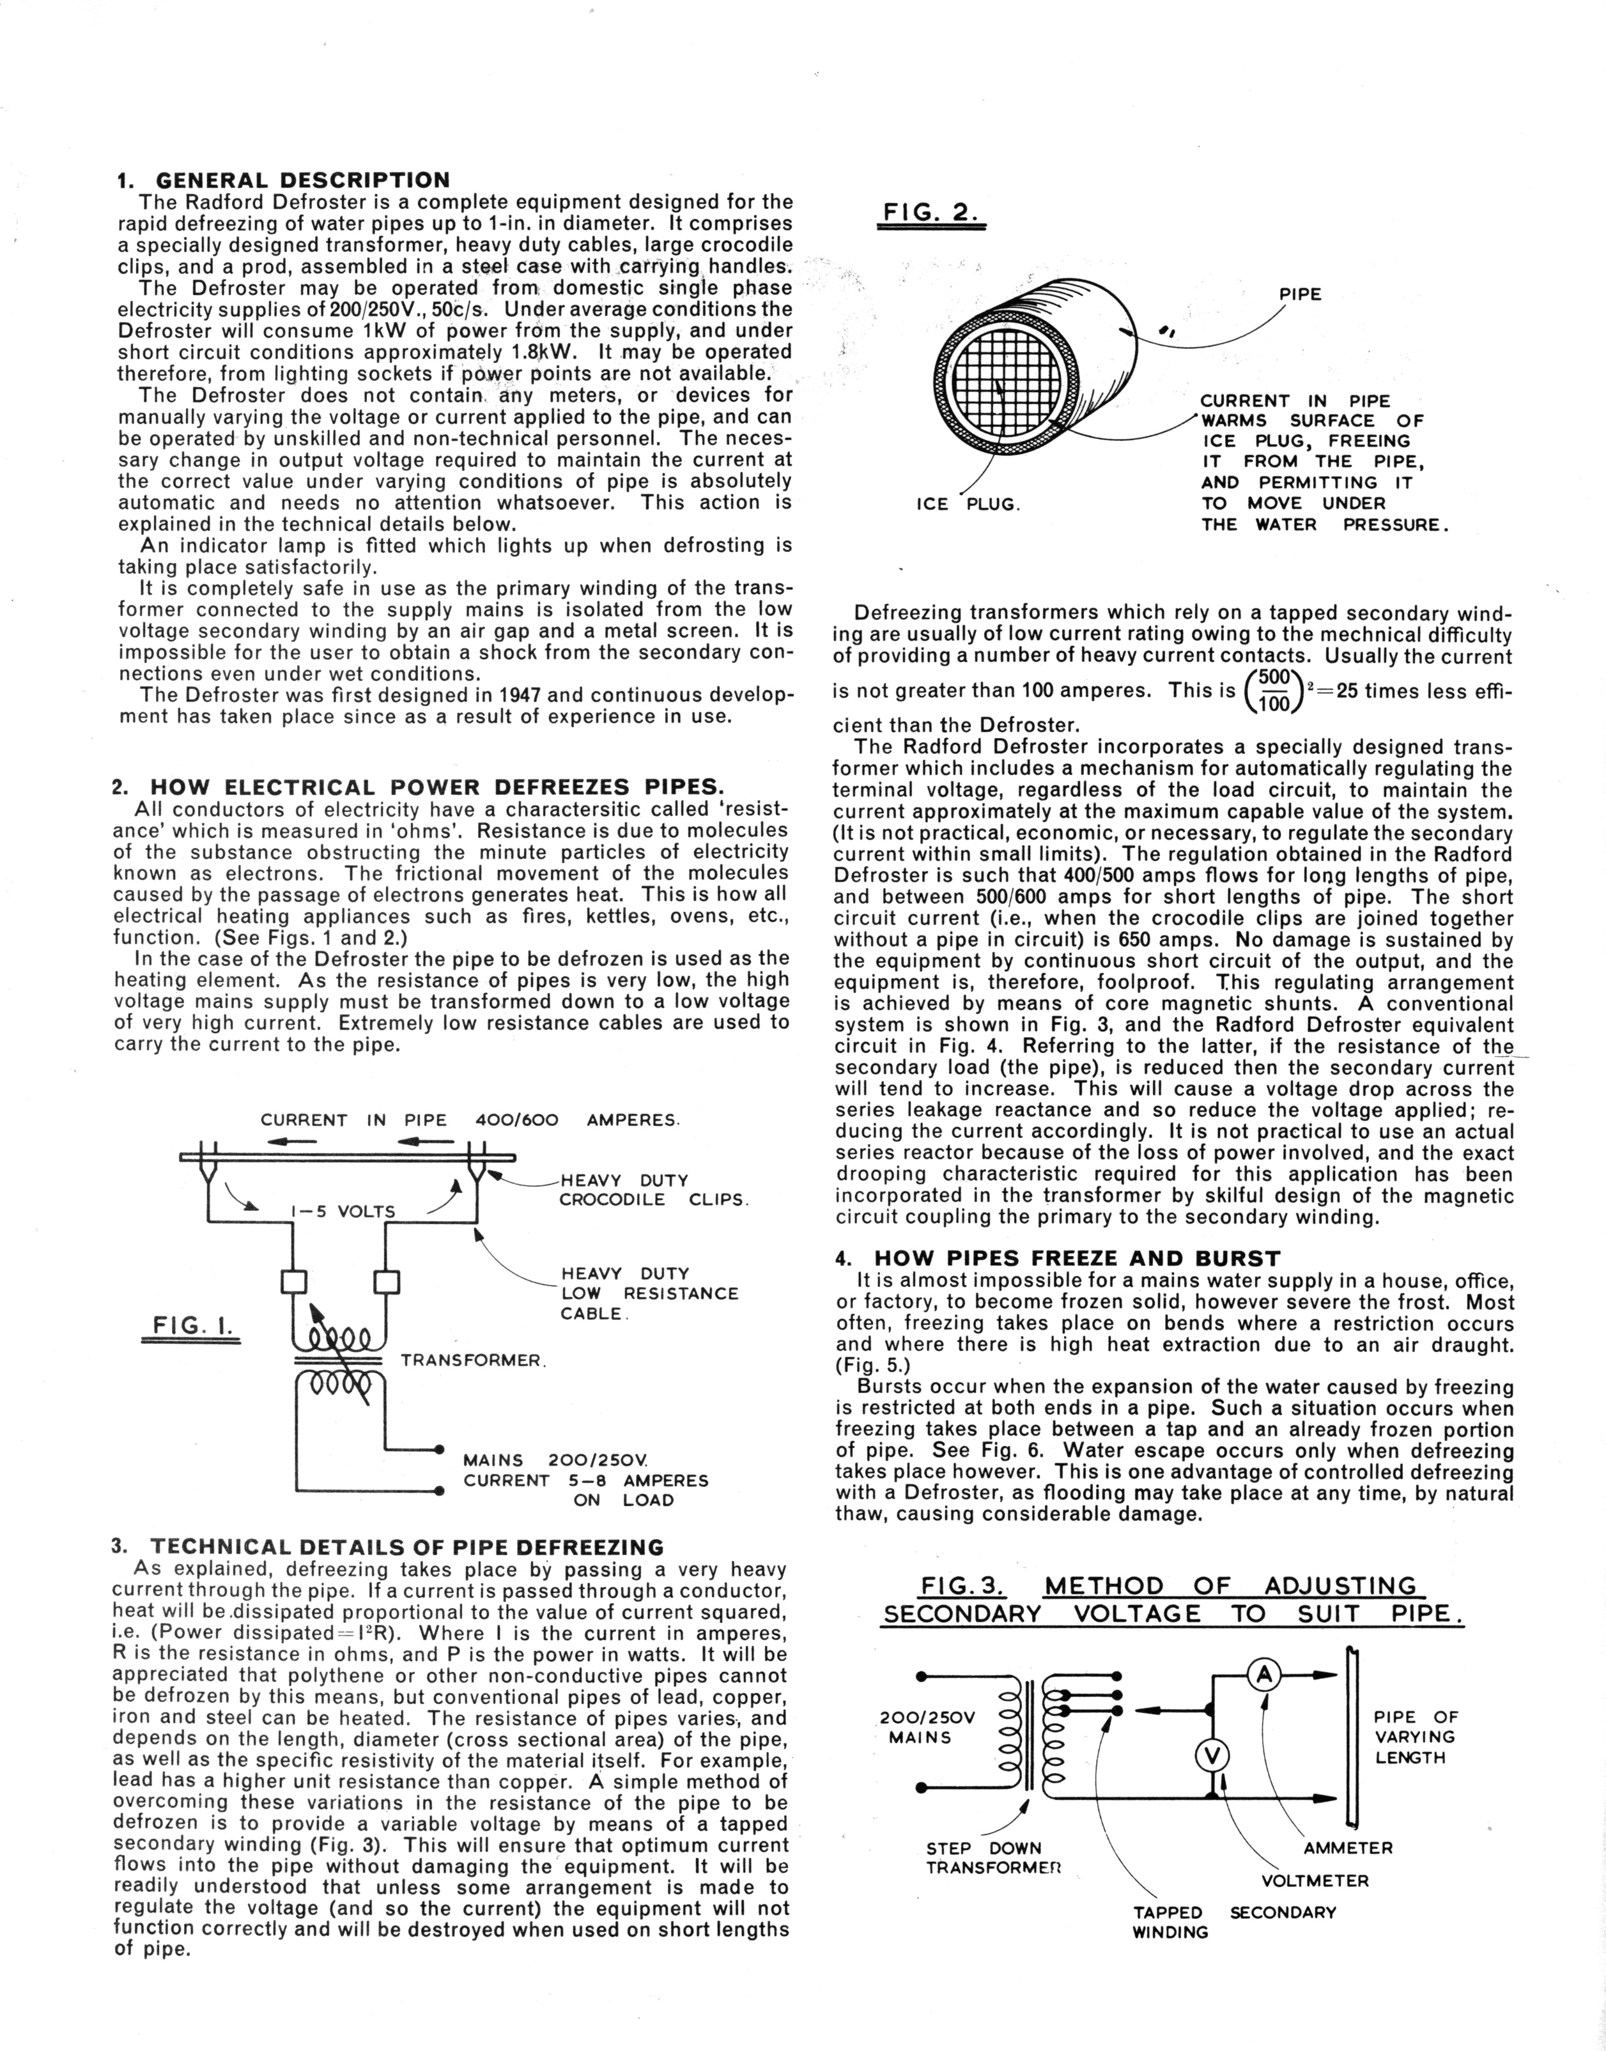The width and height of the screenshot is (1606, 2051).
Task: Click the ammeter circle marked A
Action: (x=1265, y=1673)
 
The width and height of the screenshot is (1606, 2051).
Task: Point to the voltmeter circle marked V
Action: (x=1213, y=1756)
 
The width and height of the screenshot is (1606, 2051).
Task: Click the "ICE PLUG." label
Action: (x=968, y=505)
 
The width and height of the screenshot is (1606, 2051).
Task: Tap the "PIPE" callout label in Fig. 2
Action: (x=1301, y=294)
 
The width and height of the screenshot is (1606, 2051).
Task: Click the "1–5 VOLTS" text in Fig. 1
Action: (x=343, y=1211)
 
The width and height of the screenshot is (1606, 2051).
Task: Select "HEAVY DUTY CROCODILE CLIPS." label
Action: (x=652, y=1190)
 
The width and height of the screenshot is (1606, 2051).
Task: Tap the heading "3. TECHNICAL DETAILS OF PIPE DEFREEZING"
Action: (x=387, y=1547)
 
